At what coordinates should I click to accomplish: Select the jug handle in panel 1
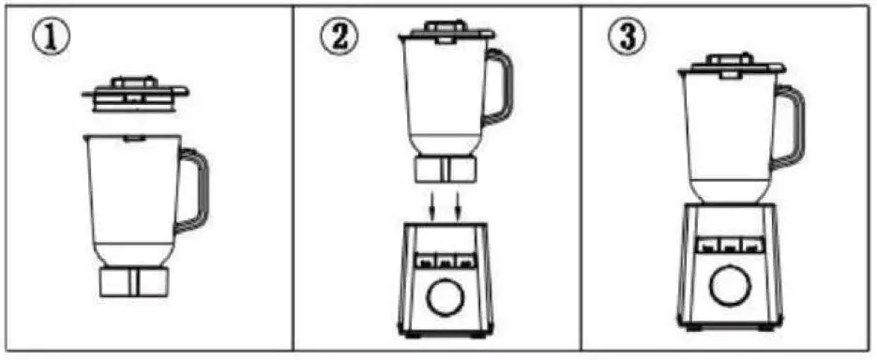click(x=198, y=191)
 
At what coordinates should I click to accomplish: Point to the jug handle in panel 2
click(x=501, y=90)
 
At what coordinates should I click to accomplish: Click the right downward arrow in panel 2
click(x=459, y=203)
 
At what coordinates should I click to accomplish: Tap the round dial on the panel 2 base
click(x=445, y=299)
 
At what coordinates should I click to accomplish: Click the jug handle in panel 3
click(x=790, y=127)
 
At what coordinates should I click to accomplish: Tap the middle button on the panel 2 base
click(x=445, y=261)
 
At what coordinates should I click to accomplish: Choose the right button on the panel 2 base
click(x=465, y=261)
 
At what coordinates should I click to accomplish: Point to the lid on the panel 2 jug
click(x=446, y=32)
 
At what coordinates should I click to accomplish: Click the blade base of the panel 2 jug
click(x=446, y=170)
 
